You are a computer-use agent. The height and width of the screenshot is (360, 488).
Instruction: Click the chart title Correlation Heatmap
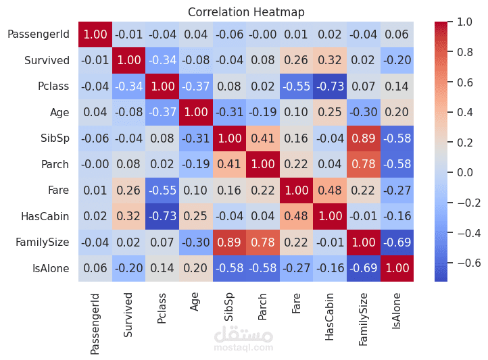click(x=246, y=12)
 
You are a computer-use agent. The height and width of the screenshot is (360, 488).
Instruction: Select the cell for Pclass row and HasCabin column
click(x=330, y=86)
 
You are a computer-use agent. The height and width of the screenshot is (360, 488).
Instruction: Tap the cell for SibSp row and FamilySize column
click(x=363, y=138)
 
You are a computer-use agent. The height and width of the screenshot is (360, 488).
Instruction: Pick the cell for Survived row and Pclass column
click(x=161, y=61)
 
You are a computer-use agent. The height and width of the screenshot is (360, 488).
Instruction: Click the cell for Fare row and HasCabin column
click(x=330, y=190)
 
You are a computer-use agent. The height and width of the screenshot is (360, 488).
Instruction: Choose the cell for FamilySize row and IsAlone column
click(x=397, y=242)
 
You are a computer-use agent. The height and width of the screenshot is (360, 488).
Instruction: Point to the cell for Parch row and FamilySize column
click(x=363, y=165)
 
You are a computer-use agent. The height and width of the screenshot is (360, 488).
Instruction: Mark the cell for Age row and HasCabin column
click(x=330, y=113)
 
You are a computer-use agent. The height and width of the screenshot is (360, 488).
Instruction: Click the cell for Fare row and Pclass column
click(x=161, y=190)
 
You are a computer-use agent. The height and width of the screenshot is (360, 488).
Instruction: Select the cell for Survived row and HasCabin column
click(x=330, y=61)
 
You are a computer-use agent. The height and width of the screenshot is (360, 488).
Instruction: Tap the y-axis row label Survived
click(x=47, y=61)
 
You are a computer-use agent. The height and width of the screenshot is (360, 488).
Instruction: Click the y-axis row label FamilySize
click(x=43, y=242)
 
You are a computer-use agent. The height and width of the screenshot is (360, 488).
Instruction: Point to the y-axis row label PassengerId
click(x=39, y=34)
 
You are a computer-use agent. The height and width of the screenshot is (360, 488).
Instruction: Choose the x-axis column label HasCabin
click(x=330, y=316)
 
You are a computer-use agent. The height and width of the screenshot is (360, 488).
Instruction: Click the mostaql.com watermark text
click(x=243, y=348)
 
